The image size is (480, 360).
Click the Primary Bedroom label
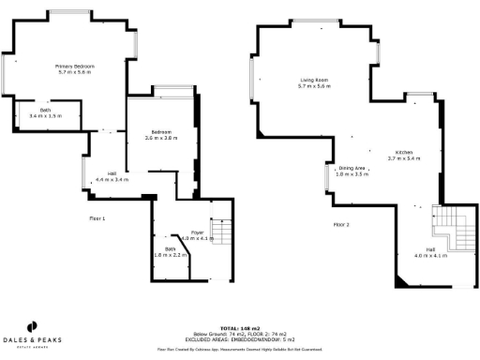point(75,68)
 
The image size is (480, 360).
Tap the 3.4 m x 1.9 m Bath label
point(45,112)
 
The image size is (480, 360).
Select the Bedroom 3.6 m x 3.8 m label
point(161,135)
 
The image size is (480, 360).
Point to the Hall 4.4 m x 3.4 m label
point(112,176)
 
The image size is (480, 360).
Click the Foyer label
point(197,234)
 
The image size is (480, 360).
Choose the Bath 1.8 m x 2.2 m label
point(170,251)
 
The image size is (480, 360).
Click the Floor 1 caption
point(97,217)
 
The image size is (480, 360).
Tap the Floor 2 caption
point(341,225)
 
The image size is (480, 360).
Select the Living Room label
point(314,82)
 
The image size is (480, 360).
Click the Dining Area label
point(353,171)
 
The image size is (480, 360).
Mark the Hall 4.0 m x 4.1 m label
point(431,252)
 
